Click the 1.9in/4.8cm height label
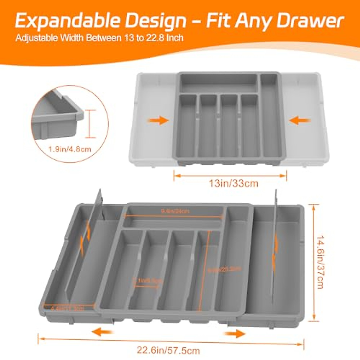click(x=69, y=149)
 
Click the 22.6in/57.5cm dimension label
click(x=168, y=350)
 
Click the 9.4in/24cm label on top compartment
click(x=175, y=211)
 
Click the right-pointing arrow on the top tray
click(x=158, y=121)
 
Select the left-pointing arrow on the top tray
click(x=300, y=121)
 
